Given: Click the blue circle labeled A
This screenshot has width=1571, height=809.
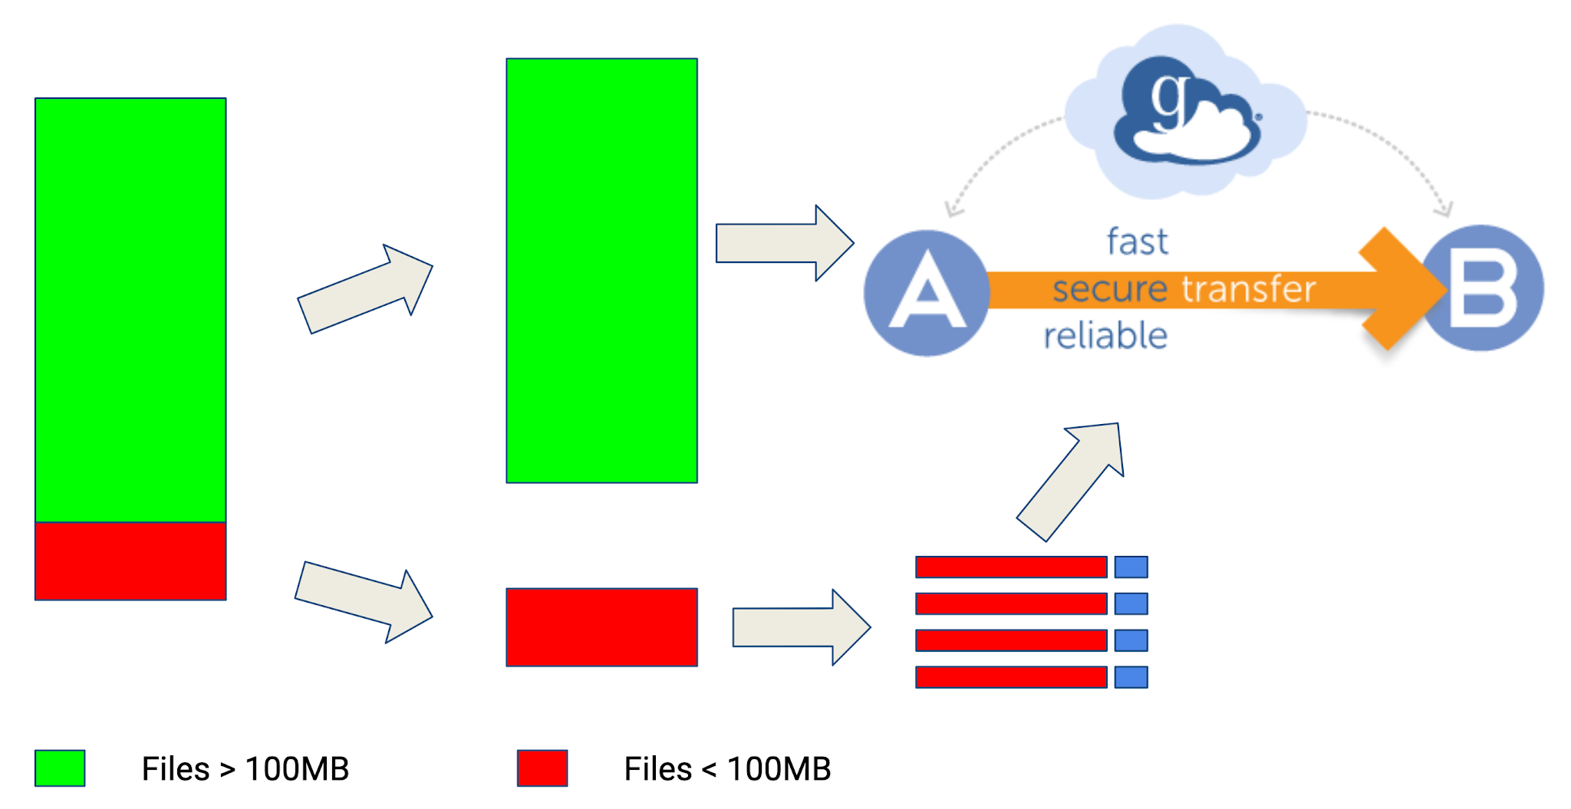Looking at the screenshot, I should coord(927,293).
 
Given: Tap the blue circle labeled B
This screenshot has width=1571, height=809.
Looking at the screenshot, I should coord(1484,288).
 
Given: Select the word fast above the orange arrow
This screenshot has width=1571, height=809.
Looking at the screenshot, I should coord(1137,242).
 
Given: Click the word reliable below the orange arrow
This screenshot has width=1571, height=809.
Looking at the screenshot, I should coord(1105,336).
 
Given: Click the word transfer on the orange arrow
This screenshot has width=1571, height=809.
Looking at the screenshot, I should coord(1248,289).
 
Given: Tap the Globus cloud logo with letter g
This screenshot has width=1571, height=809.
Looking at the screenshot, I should coord(1185,111).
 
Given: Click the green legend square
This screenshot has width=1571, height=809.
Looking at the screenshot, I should coord(60,768).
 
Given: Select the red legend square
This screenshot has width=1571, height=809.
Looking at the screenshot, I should coord(542,768).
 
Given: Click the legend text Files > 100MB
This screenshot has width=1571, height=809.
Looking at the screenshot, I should coord(245,768).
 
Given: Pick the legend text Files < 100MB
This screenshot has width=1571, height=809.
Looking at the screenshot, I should coord(727,768).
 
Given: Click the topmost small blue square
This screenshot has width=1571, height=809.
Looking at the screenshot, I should coord(1131,567).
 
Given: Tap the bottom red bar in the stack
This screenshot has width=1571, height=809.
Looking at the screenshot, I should coord(1011,677).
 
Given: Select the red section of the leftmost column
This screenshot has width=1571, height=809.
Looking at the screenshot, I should coord(130,561).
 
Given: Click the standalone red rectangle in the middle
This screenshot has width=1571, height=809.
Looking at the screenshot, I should coord(601,627).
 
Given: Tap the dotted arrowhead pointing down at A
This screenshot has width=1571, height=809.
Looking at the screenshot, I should coord(953,209).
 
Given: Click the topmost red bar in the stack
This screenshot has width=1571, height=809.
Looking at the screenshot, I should coord(1011,567).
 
